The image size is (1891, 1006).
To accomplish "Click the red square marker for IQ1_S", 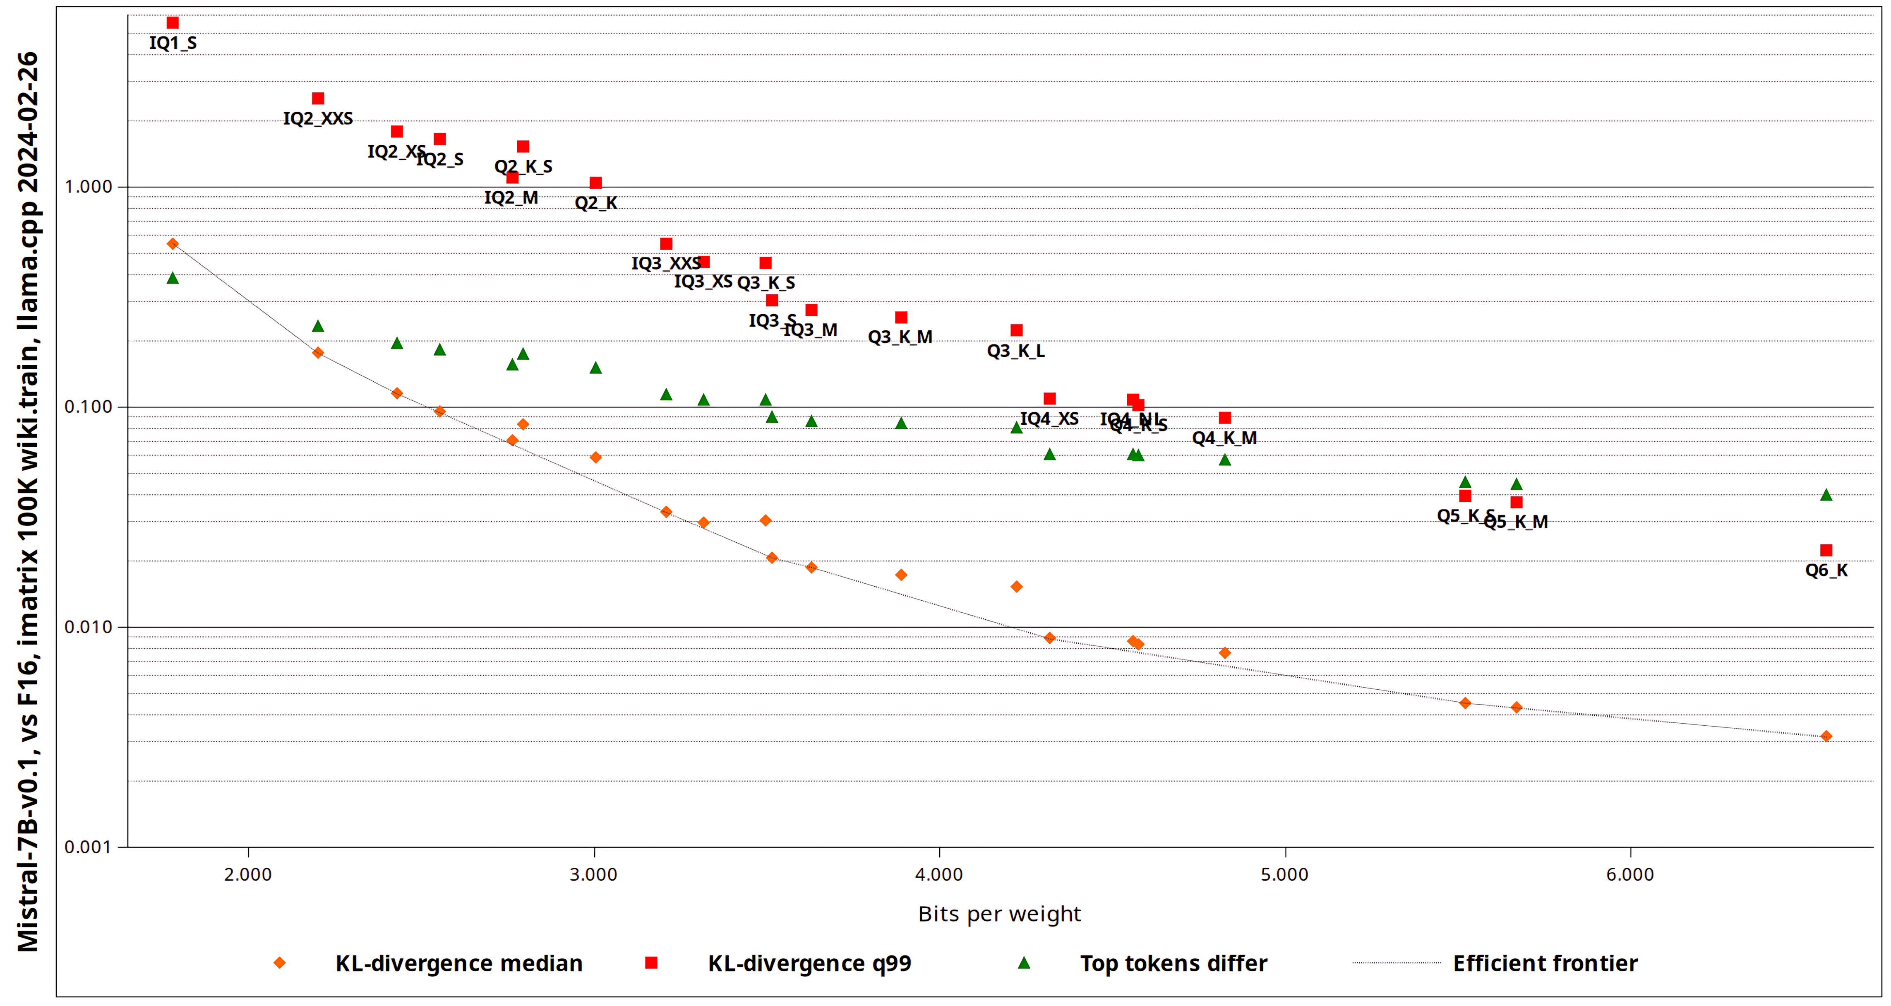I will (173, 23).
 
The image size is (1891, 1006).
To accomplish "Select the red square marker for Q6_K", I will (1826, 550).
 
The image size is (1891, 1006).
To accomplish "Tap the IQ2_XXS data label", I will (318, 118).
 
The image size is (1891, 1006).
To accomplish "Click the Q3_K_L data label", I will (1015, 351).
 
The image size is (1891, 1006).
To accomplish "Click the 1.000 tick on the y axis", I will (88, 187).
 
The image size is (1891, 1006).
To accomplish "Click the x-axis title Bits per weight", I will (999, 914).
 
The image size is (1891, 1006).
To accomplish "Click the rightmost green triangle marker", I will (1826, 495).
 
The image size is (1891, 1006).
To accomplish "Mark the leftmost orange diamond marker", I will (173, 244).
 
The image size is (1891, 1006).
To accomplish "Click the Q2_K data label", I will (595, 203).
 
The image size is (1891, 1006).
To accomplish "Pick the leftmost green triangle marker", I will (173, 277).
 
